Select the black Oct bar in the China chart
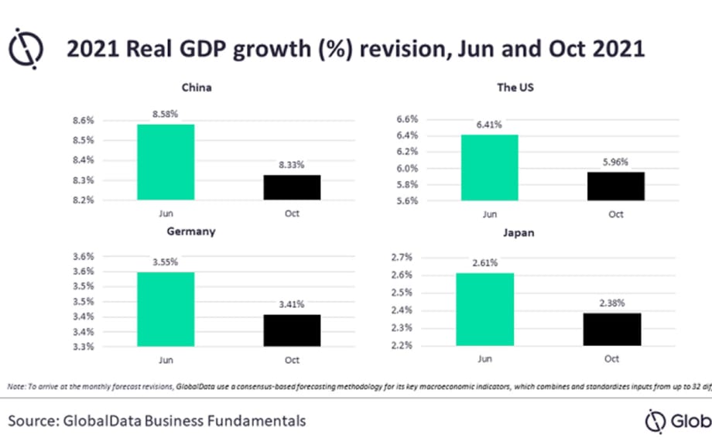291,187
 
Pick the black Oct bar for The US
615,186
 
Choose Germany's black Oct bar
291,330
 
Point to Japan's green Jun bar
484,309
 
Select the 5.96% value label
615,162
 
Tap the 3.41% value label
291,304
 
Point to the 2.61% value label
484,262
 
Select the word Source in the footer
33,421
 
